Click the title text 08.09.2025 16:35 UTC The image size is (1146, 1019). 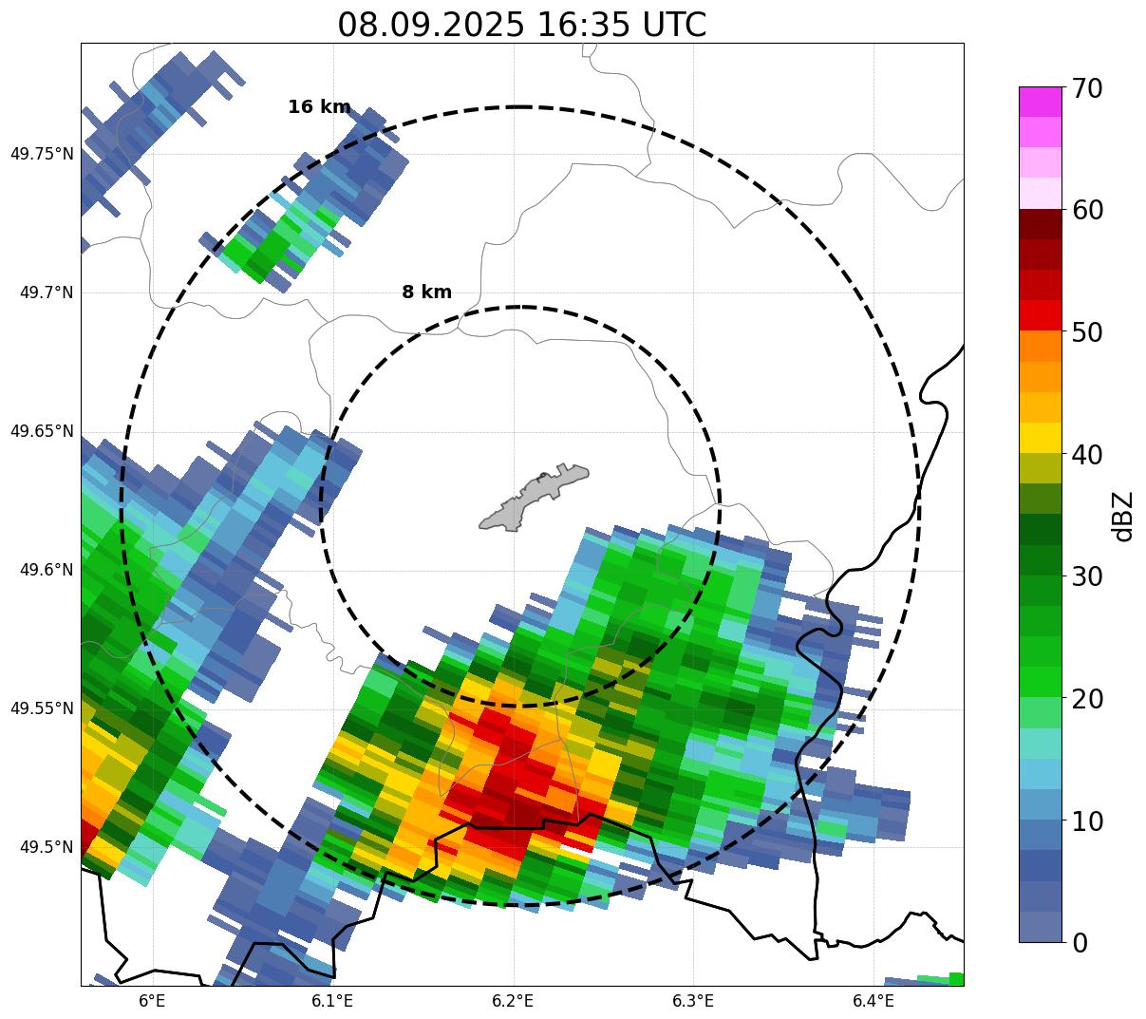pyautogui.click(x=521, y=25)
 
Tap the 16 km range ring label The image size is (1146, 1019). pyautogui.click(x=319, y=107)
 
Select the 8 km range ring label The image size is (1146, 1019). pyautogui.click(x=426, y=292)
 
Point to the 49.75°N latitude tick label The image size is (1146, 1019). pyautogui.click(x=42, y=154)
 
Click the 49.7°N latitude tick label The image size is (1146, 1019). pyautogui.click(x=46, y=292)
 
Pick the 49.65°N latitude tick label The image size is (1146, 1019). pyautogui.click(x=42, y=431)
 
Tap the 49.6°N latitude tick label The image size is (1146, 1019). pyautogui.click(x=46, y=570)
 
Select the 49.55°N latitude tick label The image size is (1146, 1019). pyautogui.click(x=42, y=708)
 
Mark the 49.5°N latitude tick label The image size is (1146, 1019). pyautogui.click(x=46, y=847)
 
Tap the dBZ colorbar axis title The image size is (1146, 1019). pyautogui.click(x=1123, y=516)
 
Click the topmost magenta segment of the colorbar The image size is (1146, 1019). pyautogui.click(x=1041, y=102)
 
